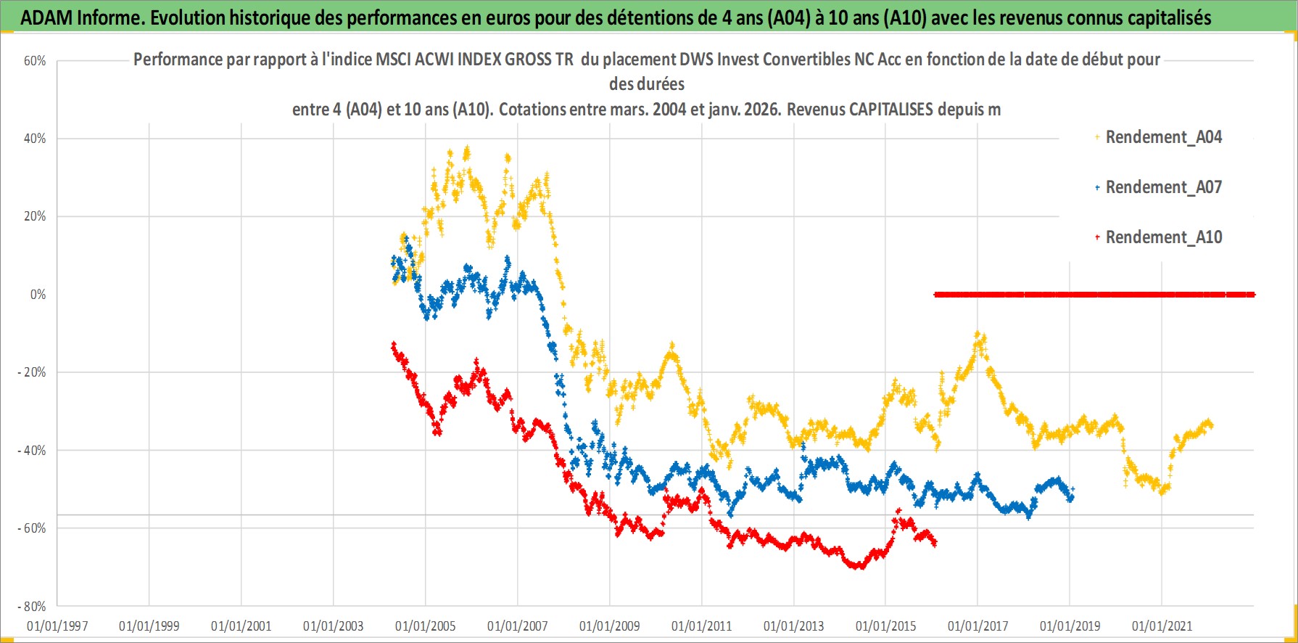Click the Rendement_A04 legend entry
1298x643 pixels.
(1163, 137)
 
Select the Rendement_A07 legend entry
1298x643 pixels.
(1163, 187)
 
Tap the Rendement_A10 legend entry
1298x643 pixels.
(1163, 237)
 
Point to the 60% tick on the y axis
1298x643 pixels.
(35, 61)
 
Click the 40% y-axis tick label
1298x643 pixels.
(35, 139)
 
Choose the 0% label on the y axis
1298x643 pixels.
(38, 295)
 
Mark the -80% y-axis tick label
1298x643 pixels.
(32, 606)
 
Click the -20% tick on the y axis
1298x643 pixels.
(32, 372)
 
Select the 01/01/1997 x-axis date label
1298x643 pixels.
(57, 626)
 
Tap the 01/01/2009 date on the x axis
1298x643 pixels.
(610, 626)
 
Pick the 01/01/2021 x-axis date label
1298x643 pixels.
(1162, 626)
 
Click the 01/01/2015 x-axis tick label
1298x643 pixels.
(886, 626)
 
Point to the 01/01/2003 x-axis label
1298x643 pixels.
(334, 626)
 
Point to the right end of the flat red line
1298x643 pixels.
(1252, 295)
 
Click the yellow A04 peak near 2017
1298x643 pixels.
(978, 335)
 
